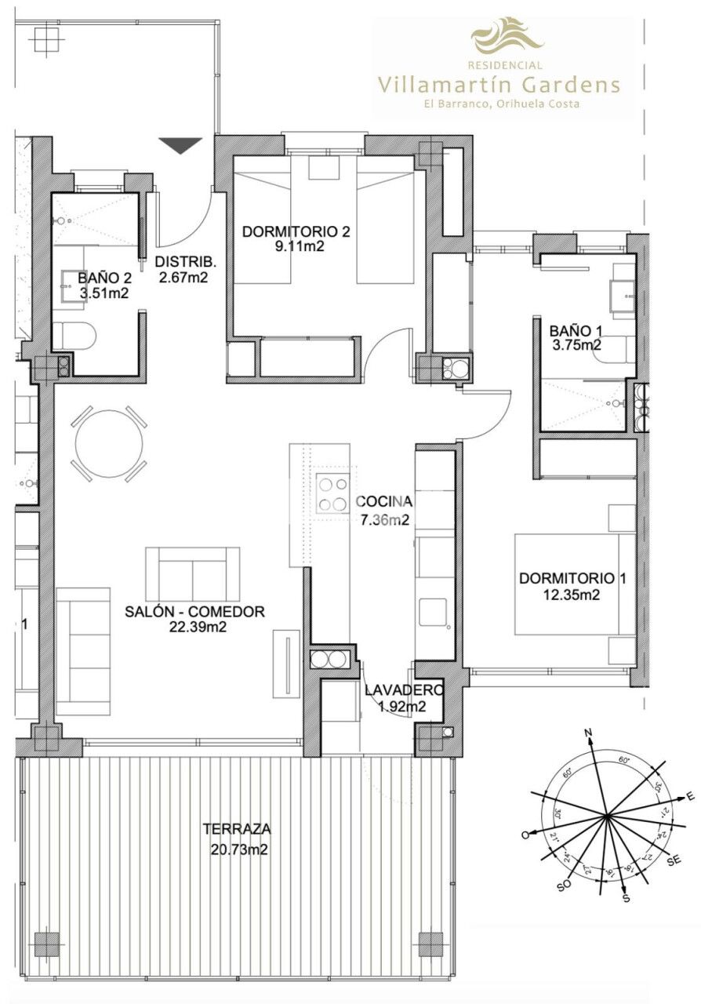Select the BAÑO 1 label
pyautogui.click(x=575, y=330)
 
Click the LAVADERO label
pyautogui.click(x=404, y=689)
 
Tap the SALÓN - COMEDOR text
pyautogui.click(x=195, y=612)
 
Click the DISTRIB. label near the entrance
pyautogui.click(x=185, y=262)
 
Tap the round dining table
pyautogui.click(x=109, y=443)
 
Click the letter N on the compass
pyautogui.click(x=588, y=734)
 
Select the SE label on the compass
pyautogui.click(x=673, y=861)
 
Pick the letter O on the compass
pyautogui.click(x=525, y=836)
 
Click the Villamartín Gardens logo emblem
pyautogui.click(x=507, y=36)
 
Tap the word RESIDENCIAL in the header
pyautogui.click(x=506, y=65)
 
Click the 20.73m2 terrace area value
pyautogui.click(x=239, y=849)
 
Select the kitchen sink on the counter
pyautogui.click(x=434, y=611)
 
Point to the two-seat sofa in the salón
pyautogui.click(x=193, y=573)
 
